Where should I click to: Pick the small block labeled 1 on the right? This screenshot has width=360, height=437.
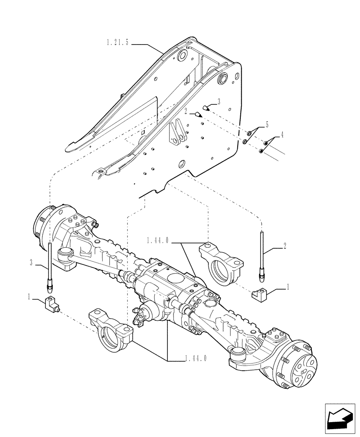[260, 296]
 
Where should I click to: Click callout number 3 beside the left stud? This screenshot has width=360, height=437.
[31, 262]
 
